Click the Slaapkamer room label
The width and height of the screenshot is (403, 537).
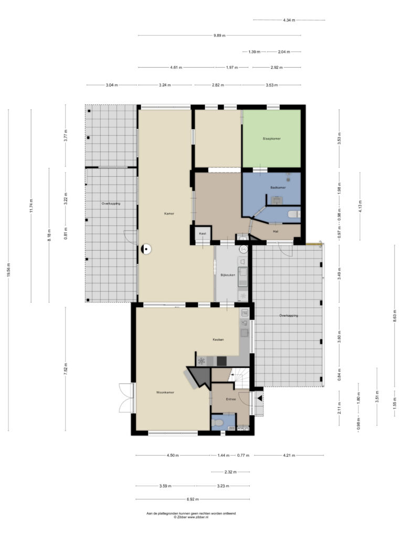[x=271, y=138]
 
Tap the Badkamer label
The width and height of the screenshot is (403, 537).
[x=278, y=188]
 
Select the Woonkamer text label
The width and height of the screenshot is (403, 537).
[x=165, y=392]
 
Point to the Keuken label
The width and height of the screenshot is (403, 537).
[x=218, y=340]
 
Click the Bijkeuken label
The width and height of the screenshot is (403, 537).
[x=228, y=275]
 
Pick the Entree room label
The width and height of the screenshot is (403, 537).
[x=231, y=399]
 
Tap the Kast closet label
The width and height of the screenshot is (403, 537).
[x=203, y=233]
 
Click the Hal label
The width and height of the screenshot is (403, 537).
[x=275, y=231]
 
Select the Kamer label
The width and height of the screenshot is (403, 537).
[x=169, y=214]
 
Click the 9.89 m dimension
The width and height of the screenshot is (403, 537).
[x=219, y=35]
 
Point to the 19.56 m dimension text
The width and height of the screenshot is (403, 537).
[x=8, y=270]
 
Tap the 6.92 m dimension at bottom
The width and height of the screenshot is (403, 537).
[x=193, y=499]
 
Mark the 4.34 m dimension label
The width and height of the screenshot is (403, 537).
[x=289, y=20]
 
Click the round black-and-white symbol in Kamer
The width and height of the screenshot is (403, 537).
[x=146, y=249]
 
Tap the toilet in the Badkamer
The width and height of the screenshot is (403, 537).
[x=294, y=214]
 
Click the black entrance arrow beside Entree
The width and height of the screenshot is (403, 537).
[x=260, y=399]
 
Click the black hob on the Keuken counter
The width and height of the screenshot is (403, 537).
[x=222, y=361]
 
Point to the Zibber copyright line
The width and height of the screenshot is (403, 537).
[x=191, y=517]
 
